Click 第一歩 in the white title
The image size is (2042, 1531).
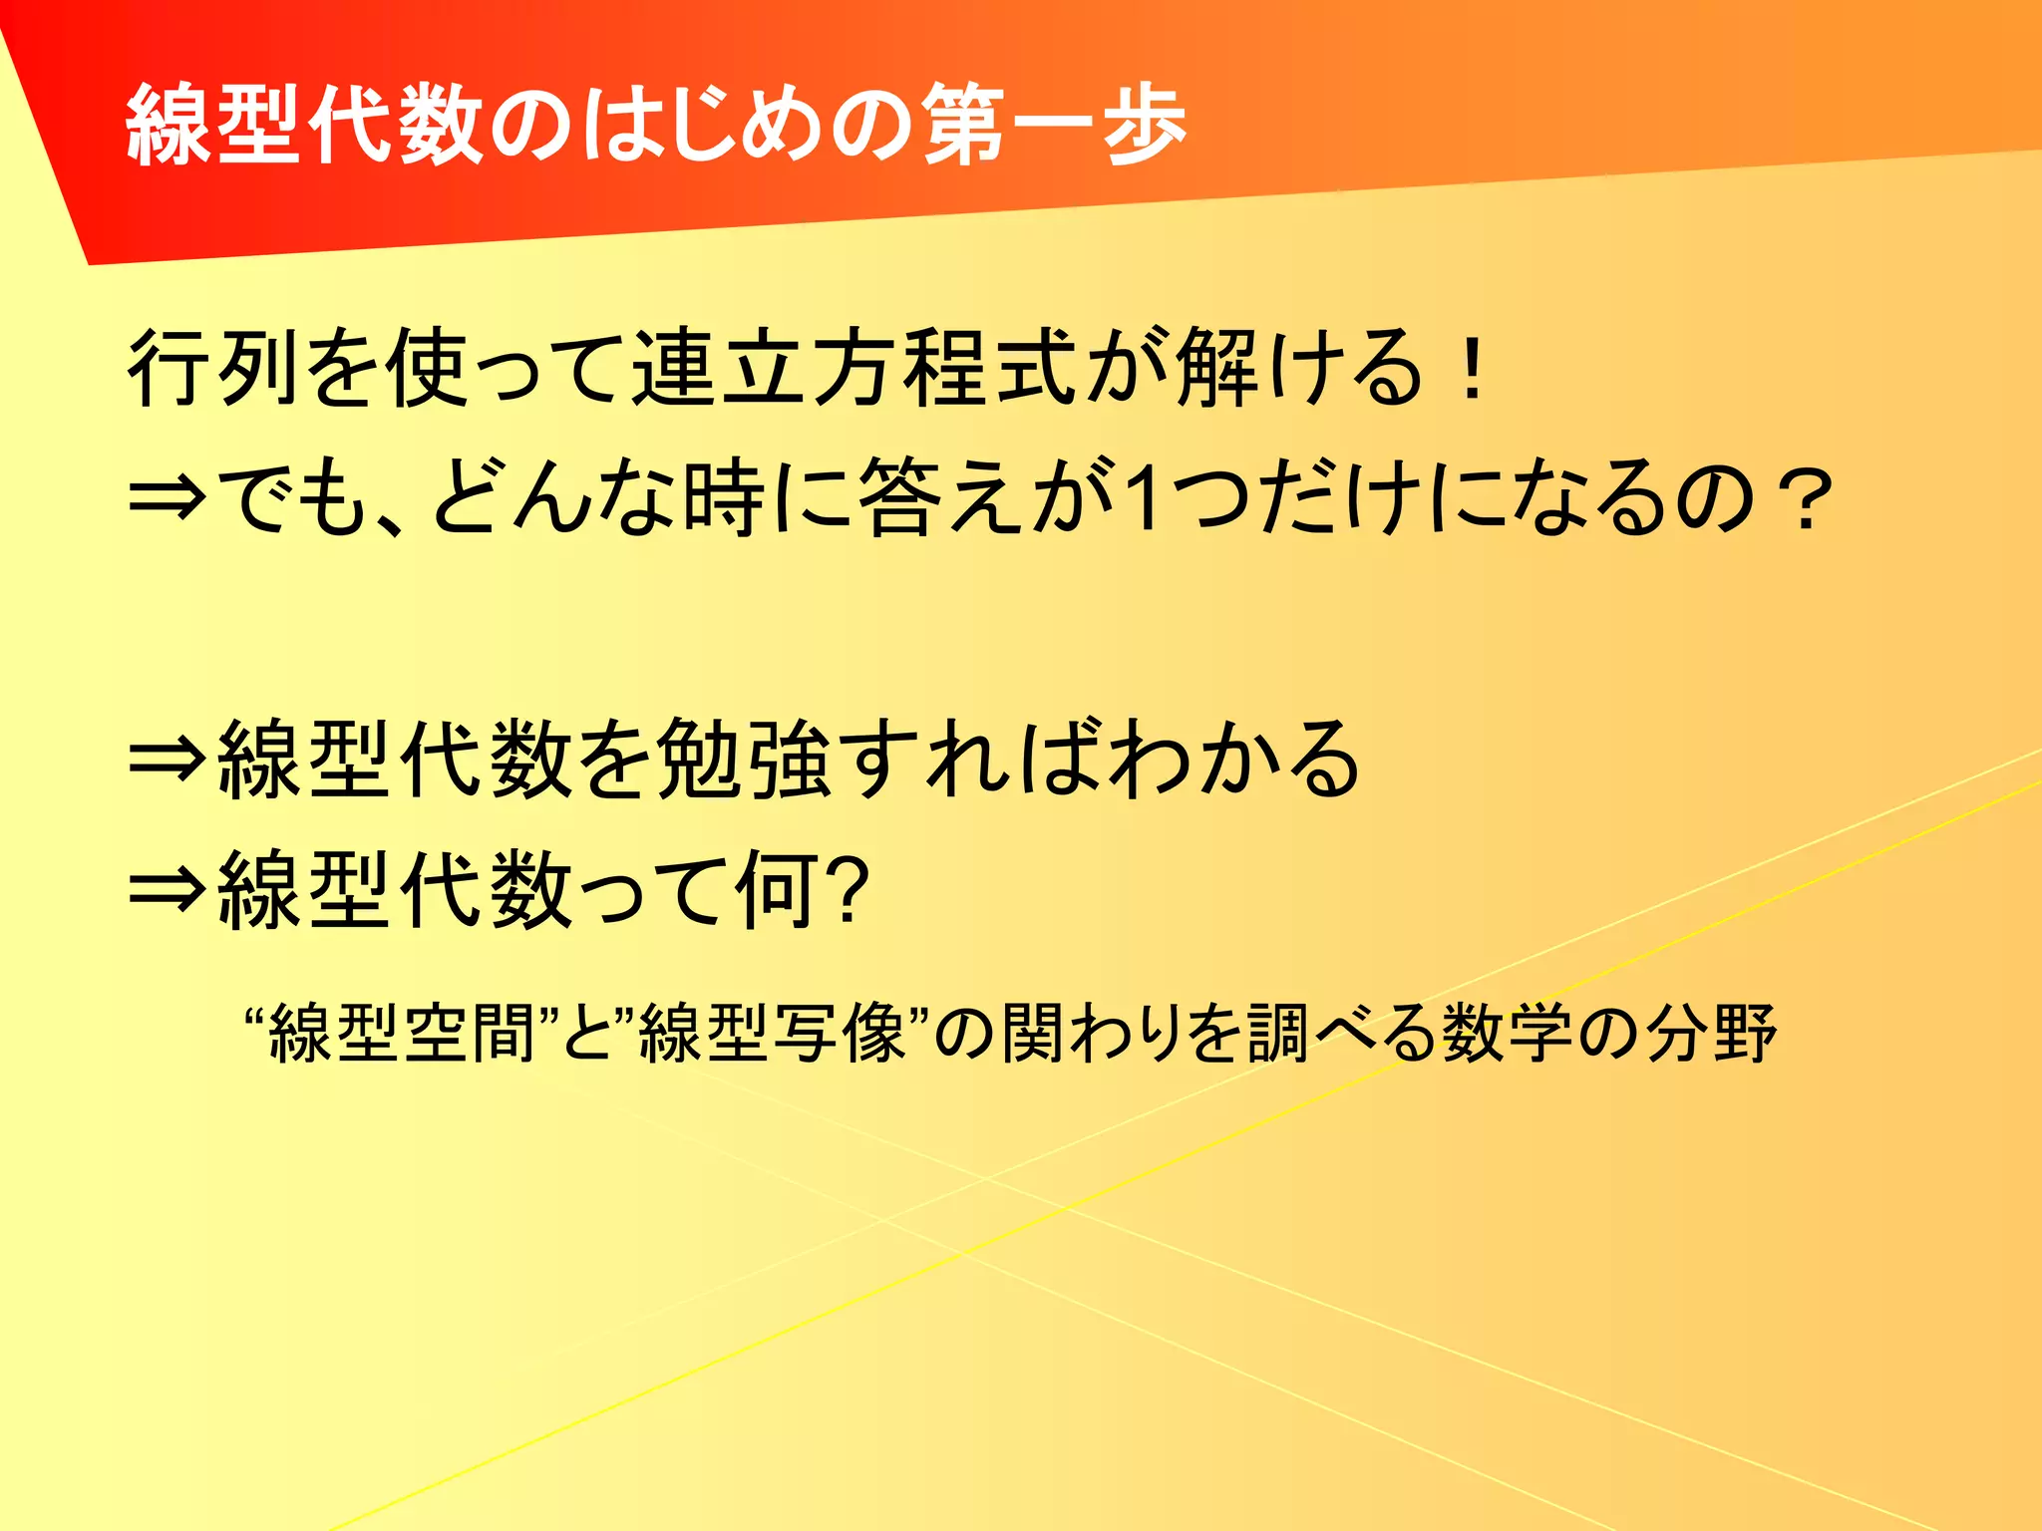tap(1054, 126)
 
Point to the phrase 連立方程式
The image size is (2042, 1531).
tap(854, 368)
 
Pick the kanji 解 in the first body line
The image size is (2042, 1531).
tap(1216, 368)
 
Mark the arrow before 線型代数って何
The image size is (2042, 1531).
tap(168, 889)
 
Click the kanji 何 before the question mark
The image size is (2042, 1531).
tap(778, 889)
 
